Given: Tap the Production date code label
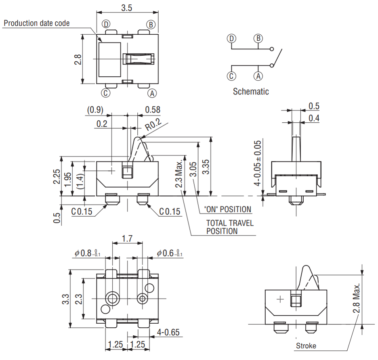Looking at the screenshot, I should (x=37, y=23).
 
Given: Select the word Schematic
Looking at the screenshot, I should (x=251, y=91).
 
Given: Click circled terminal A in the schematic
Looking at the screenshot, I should (x=258, y=76).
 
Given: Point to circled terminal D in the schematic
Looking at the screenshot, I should (x=231, y=39).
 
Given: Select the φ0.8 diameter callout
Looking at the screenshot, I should (x=87, y=253).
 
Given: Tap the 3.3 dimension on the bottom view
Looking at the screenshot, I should (x=66, y=299).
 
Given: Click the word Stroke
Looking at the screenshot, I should (x=306, y=345).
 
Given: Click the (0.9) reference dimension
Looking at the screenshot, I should (x=95, y=110).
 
